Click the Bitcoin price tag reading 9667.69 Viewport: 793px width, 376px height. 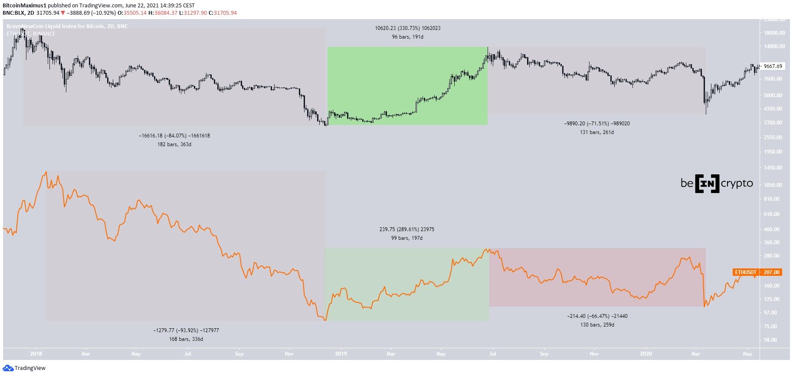(773, 66)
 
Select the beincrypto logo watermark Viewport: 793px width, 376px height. (717, 183)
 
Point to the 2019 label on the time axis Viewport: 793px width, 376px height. (341, 354)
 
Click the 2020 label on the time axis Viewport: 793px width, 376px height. (646, 354)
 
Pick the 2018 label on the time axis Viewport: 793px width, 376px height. (36, 354)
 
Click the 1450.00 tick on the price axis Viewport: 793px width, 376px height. (773, 168)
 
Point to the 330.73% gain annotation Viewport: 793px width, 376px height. (407, 28)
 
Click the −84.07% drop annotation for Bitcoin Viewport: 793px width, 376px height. (174, 136)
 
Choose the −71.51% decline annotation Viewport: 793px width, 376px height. (597, 124)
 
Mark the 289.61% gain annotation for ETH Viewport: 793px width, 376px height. (406, 229)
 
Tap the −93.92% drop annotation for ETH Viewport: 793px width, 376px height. (186, 330)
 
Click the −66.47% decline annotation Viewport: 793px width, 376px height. (597, 316)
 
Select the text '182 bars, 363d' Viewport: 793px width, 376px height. (174, 144)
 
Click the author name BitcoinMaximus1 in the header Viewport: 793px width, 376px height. (24, 6)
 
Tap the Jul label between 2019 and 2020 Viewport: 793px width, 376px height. (492, 354)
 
